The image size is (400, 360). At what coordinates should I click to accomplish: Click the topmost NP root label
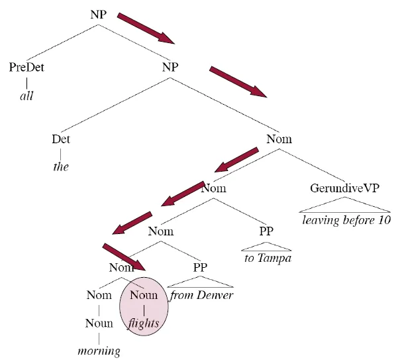tap(99, 15)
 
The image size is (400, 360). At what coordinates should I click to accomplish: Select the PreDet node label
tap(26, 67)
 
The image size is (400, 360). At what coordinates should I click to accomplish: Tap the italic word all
tap(26, 95)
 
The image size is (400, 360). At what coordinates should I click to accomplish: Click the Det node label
tap(60, 140)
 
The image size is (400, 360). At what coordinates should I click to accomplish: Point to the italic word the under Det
tap(60, 166)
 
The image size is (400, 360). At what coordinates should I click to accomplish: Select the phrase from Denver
tap(201, 295)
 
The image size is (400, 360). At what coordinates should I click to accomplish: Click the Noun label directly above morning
tap(99, 324)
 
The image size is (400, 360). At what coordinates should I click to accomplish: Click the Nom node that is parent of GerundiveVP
tap(279, 140)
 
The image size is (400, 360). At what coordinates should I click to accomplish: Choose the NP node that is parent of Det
tap(170, 67)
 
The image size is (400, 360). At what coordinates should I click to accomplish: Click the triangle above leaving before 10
tap(346, 206)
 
